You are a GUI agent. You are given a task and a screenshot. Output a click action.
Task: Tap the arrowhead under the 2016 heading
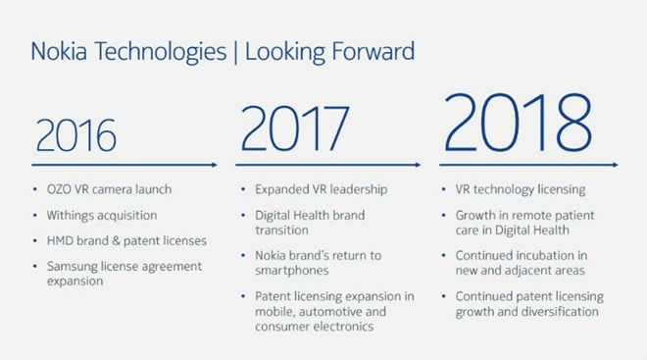[213, 165]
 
